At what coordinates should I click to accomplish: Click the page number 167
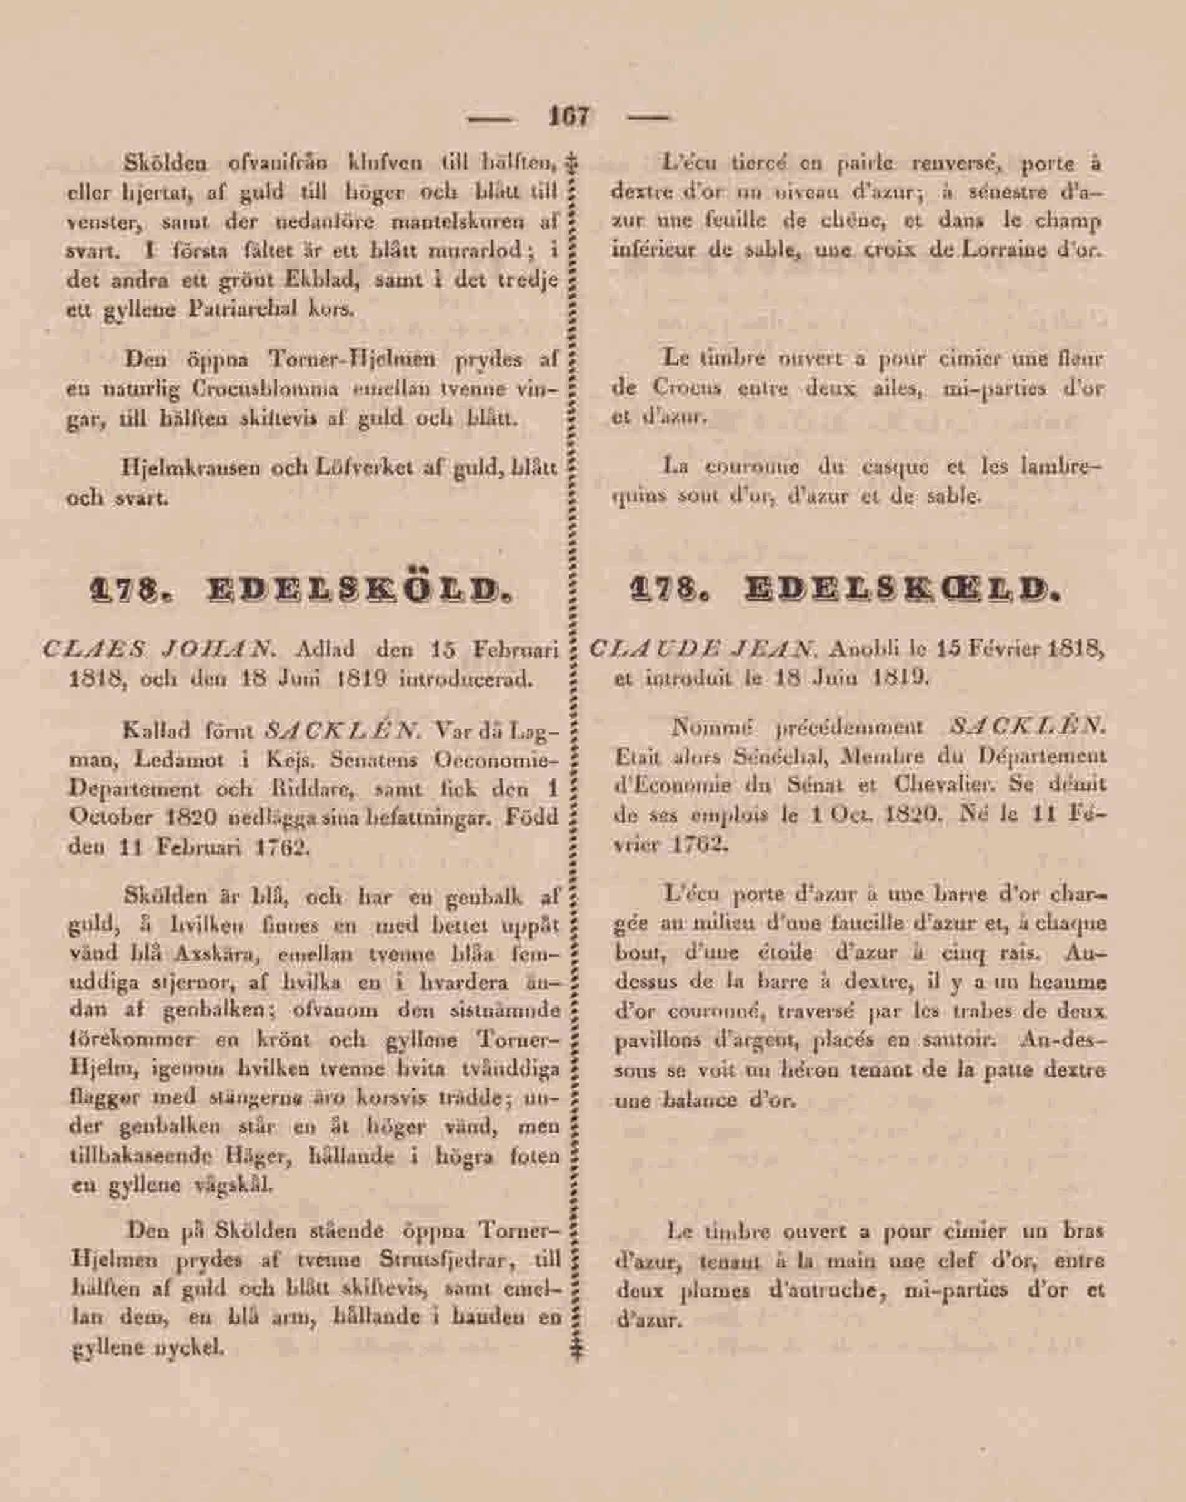569,116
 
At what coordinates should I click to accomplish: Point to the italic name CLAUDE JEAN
701,651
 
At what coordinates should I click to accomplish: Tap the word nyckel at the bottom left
195,1349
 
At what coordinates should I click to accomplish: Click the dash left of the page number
491,118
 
